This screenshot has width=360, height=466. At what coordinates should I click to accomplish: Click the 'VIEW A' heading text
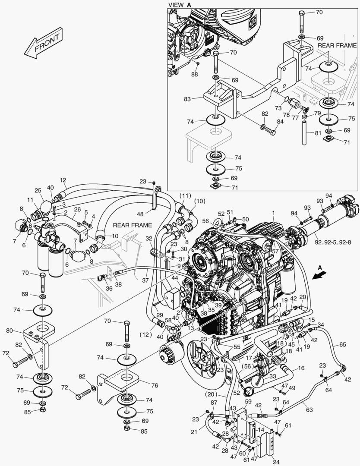(180, 4)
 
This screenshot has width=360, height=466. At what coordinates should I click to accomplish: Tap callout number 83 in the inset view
(187, 99)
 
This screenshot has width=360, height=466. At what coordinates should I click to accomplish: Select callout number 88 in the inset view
(195, 74)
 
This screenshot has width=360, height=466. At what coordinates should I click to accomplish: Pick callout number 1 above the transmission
(273, 213)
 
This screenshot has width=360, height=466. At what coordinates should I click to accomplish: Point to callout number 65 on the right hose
(342, 345)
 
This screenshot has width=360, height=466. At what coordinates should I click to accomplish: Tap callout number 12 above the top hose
(63, 180)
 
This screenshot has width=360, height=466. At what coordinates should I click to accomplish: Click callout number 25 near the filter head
(38, 190)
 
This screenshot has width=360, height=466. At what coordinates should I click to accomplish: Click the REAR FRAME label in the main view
(133, 225)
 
